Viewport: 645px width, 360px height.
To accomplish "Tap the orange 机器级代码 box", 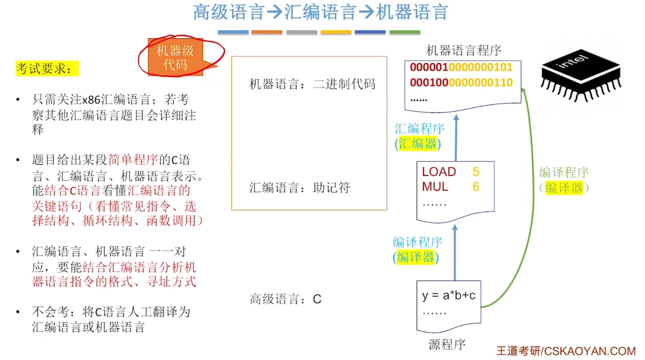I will click(x=175, y=58).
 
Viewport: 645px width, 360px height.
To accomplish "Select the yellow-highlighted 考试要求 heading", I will click(x=47, y=69).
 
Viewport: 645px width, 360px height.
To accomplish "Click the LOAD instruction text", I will click(x=439, y=172).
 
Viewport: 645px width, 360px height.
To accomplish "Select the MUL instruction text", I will click(x=435, y=187).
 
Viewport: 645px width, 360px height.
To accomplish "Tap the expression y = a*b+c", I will click(x=448, y=296).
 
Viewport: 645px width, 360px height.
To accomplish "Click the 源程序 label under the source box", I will click(x=447, y=345).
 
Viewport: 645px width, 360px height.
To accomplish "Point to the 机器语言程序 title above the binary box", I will click(x=464, y=50).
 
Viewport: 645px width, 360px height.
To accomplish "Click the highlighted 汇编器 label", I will click(x=418, y=143).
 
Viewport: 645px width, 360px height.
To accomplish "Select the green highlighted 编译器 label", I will click(x=564, y=187).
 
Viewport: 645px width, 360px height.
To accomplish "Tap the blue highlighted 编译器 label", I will click(x=415, y=258).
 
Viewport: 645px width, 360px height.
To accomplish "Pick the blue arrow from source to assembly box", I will click(x=455, y=250).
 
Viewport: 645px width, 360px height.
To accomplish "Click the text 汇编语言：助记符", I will click(x=300, y=188).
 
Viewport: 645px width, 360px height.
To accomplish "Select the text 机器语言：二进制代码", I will click(x=312, y=84).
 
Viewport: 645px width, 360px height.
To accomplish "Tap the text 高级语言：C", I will click(x=286, y=299).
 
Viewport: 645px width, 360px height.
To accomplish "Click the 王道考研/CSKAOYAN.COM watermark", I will click(x=566, y=351).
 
